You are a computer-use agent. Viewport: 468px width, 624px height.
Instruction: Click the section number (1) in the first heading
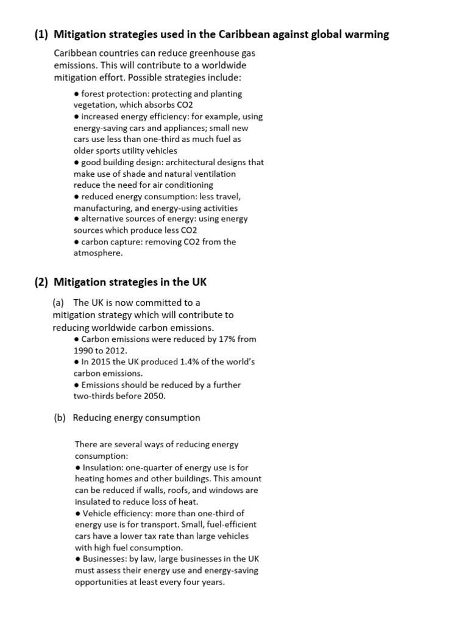coord(41,35)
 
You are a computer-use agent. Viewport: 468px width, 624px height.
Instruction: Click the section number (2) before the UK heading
coord(41,282)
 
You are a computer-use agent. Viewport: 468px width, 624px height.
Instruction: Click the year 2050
coord(154,396)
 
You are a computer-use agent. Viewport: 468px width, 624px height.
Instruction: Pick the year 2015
coord(104,362)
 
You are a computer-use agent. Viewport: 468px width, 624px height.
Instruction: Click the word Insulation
coord(102,467)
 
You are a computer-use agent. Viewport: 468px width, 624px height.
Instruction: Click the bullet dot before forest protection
coord(77,94)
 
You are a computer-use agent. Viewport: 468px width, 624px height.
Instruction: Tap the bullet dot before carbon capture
coord(77,242)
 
